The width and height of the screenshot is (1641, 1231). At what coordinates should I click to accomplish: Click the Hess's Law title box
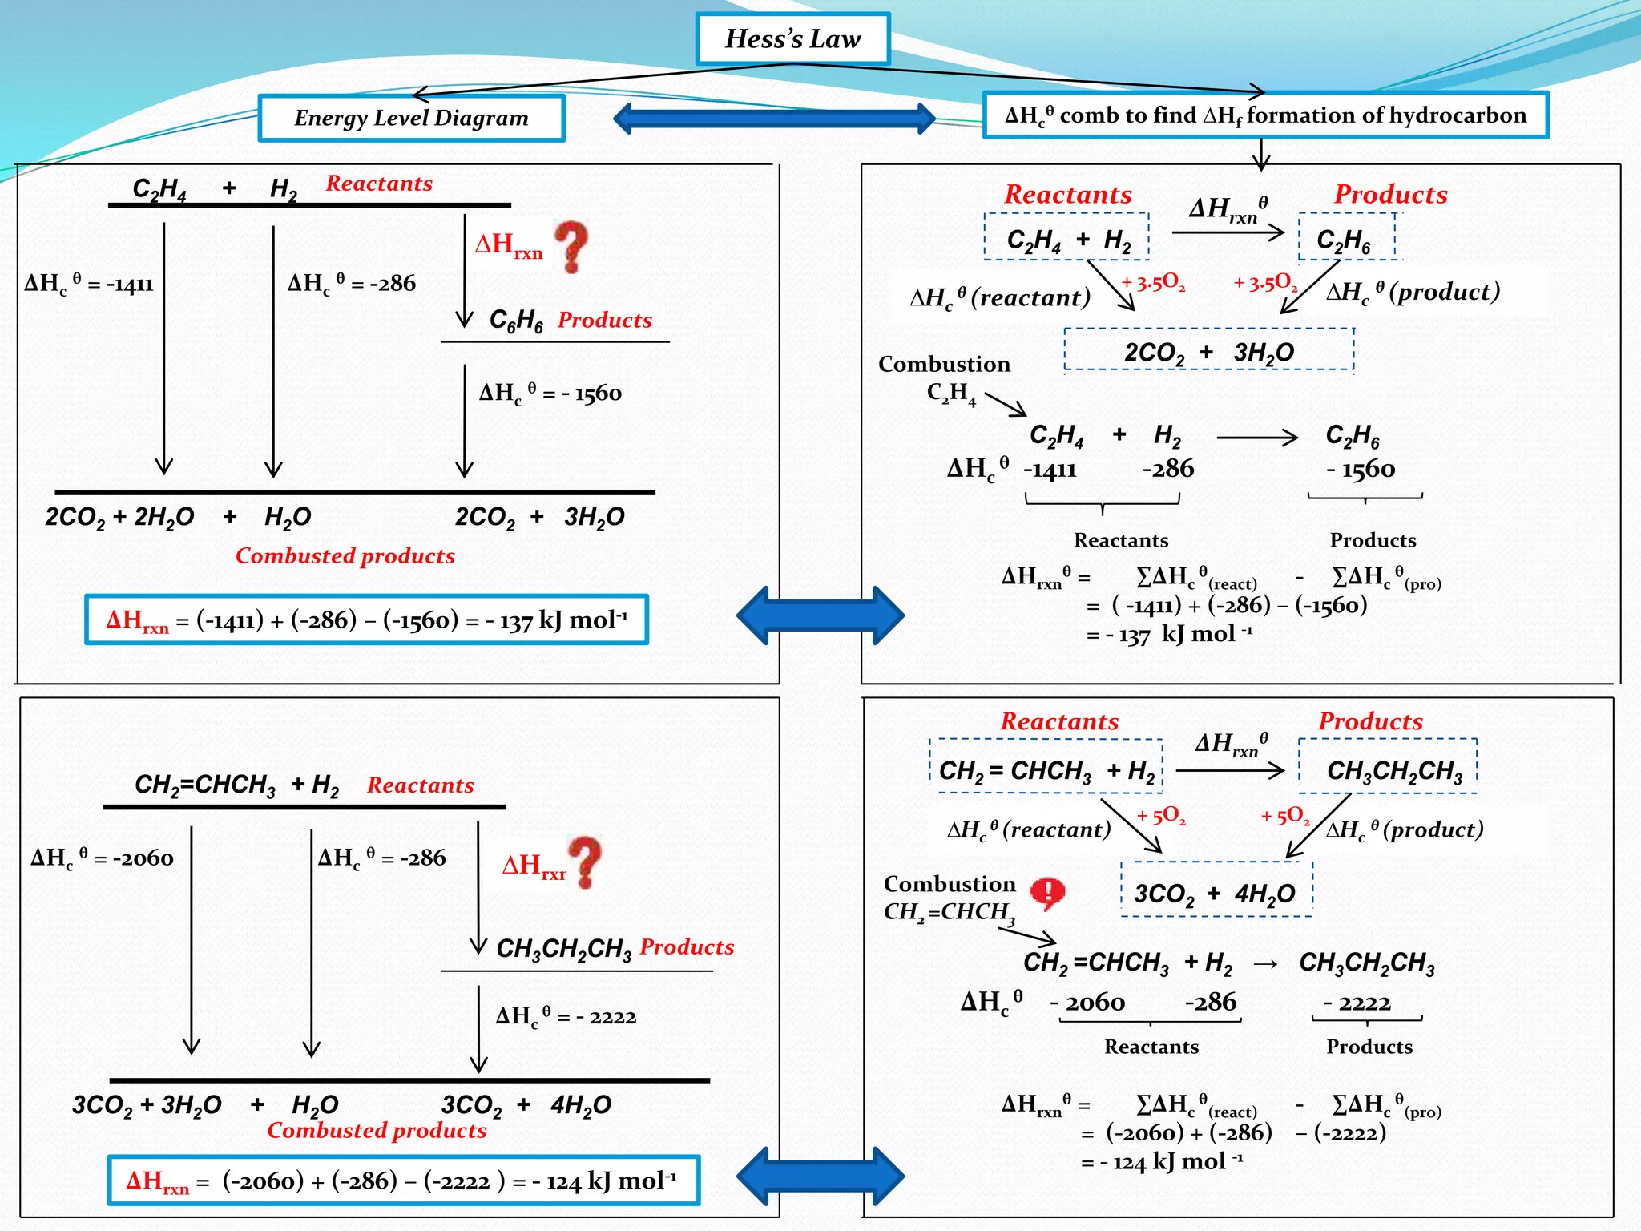pos(792,38)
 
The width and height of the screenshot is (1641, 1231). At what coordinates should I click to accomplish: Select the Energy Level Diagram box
pos(411,118)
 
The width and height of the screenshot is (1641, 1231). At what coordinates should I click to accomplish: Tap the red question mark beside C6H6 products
pos(572,246)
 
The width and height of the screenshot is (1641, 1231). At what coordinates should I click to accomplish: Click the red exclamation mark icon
pos(1047,892)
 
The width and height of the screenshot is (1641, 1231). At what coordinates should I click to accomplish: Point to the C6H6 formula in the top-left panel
pos(516,320)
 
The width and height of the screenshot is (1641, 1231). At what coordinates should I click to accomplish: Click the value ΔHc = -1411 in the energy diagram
pos(89,283)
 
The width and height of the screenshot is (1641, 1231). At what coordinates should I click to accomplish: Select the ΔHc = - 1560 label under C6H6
pos(550,393)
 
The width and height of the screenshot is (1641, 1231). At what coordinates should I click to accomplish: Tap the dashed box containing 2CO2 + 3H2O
pos(1208,351)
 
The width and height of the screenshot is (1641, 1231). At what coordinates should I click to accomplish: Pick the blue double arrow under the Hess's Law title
pos(774,119)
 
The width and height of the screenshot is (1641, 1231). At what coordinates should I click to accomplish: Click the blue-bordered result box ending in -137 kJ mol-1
pos(366,620)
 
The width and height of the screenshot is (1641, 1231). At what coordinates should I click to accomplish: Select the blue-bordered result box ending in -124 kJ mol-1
pos(403,1181)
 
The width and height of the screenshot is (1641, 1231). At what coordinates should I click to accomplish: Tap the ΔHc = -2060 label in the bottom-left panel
pos(102,858)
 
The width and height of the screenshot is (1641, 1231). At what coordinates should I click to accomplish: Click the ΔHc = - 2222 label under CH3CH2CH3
pos(566,1016)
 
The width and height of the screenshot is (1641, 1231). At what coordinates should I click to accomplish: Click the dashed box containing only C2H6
pos(1346,237)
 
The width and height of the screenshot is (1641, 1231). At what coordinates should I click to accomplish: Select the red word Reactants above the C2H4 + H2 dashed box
pos(1068,194)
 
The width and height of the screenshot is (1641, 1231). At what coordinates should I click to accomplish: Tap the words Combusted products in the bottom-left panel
pos(377,1130)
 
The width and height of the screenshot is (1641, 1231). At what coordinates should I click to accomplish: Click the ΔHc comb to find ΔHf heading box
pos(1265,115)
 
